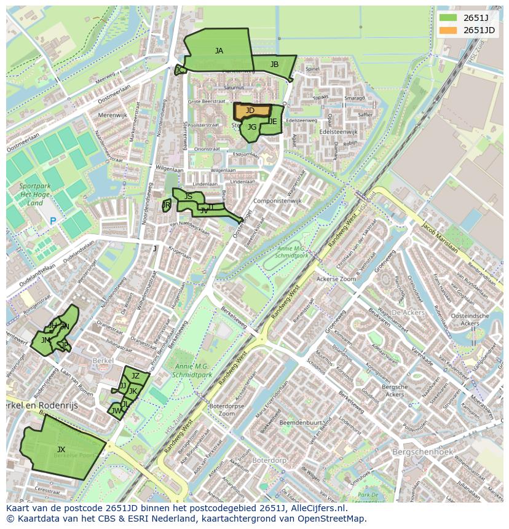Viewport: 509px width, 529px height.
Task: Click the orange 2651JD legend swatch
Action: click(x=448, y=30)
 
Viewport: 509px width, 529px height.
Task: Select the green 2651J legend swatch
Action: click(x=448, y=17)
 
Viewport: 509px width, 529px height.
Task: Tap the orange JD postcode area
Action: click(x=252, y=111)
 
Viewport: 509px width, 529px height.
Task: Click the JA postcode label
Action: click(x=219, y=51)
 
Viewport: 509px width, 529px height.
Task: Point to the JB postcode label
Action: click(x=274, y=65)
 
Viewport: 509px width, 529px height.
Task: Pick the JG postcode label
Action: click(x=251, y=128)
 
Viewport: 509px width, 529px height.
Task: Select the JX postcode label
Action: click(x=61, y=450)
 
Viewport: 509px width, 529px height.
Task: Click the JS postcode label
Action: click(x=188, y=197)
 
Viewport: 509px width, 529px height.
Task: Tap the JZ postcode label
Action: click(x=136, y=376)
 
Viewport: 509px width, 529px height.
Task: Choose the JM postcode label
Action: click(x=45, y=340)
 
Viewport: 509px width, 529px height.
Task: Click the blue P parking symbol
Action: click(x=53, y=221)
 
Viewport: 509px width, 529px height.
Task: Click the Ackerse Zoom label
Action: click(x=336, y=278)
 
